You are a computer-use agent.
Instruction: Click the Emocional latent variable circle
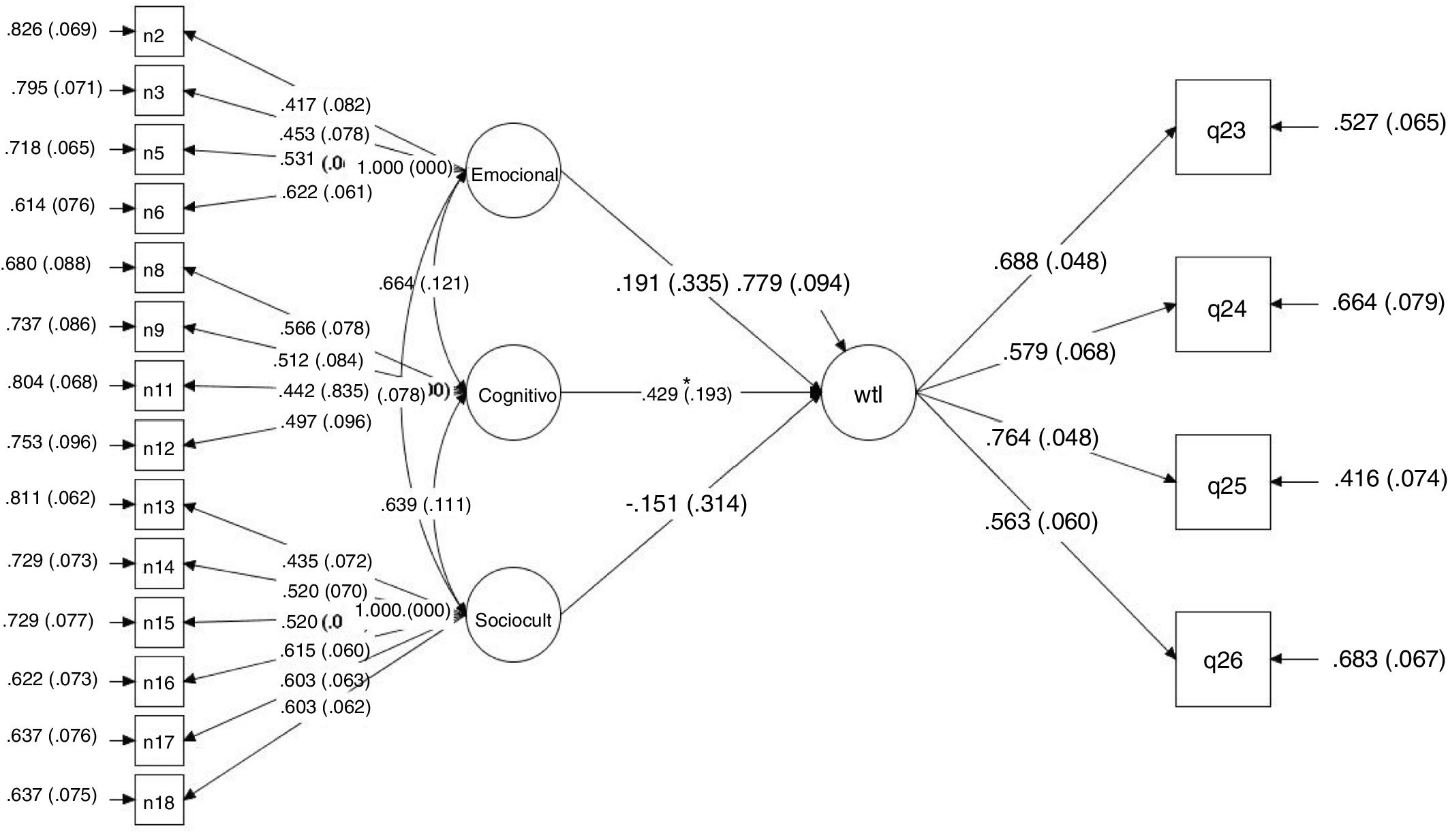(x=513, y=171)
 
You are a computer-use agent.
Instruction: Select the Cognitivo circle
(x=513, y=393)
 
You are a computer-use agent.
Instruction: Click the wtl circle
(x=868, y=393)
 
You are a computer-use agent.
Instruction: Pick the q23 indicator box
(x=1222, y=127)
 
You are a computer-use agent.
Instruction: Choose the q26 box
(x=1222, y=659)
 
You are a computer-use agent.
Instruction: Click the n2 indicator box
(x=159, y=32)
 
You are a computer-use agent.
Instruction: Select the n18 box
(x=159, y=800)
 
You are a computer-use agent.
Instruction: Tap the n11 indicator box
(x=159, y=386)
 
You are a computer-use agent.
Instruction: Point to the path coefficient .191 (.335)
(x=672, y=283)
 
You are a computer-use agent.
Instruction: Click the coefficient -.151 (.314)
(x=686, y=504)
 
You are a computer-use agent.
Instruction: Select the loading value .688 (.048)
(x=1049, y=261)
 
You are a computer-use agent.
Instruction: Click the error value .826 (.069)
(x=52, y=29)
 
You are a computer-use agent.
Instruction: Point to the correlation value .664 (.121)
(x=424, y=283)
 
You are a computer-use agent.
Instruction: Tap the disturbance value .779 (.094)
(x=793, y=283)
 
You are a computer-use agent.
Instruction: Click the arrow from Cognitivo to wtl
(x=777, y=393)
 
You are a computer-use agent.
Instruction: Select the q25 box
(x=1222, y=482)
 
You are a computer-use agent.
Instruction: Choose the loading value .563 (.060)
(x=1041, y=522)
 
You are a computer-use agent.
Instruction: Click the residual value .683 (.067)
(x=1389, y=659)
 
